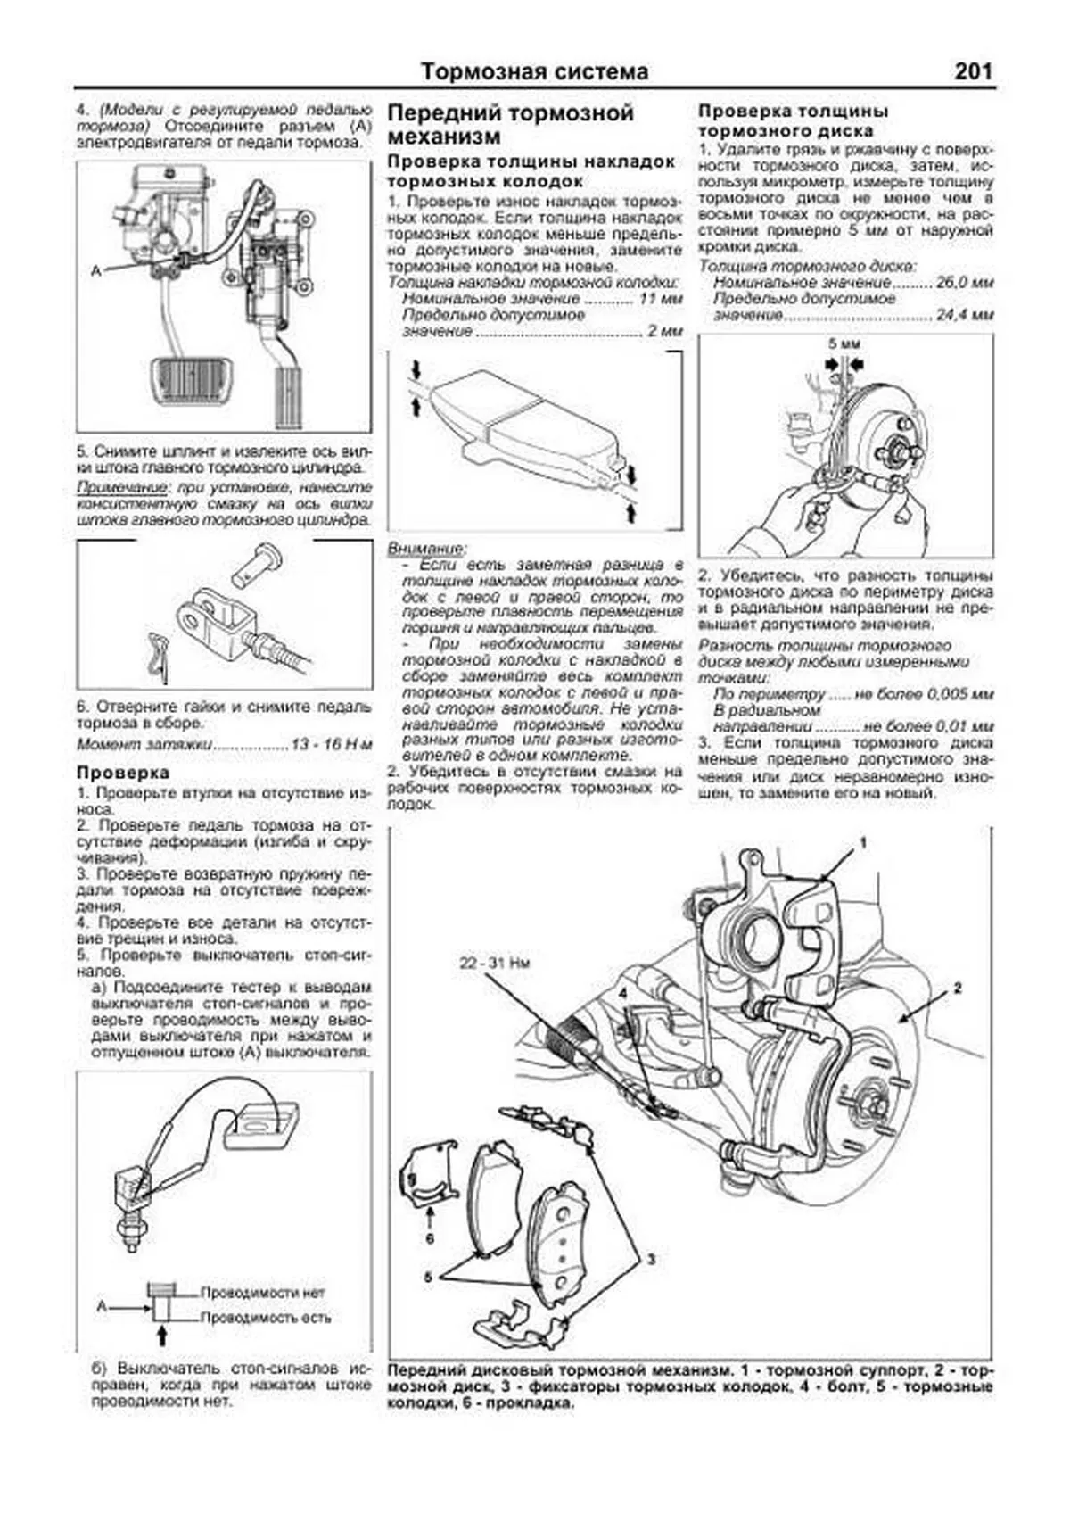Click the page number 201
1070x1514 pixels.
tap(973, 70)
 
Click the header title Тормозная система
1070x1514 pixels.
tap(534, 71)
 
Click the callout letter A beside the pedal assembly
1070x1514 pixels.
tap(95, 270)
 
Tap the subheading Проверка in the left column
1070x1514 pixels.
tap(123, 772)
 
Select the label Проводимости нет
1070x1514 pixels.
tap(263, 1292)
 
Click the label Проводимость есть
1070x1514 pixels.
tap(265, 1317)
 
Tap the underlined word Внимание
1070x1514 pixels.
tap(426, 548)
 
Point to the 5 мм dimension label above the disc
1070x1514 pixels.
tap(844, 343)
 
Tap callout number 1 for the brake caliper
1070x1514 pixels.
tap(862, 841)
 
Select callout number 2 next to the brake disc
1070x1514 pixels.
tap(958, 988)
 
